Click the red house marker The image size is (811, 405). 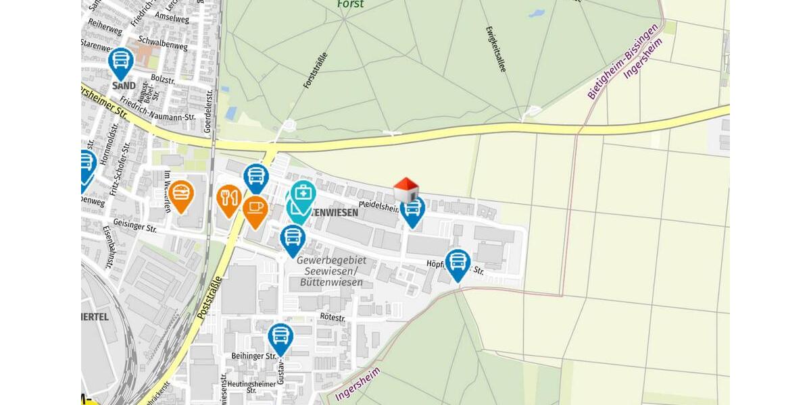[x=405, y=190]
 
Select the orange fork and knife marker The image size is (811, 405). [x=230, y=198]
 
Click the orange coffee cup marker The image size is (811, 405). [x=255, y=209]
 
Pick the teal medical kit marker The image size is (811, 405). [x=303, y=194]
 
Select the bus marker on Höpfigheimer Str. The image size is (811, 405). [x=458, y=263]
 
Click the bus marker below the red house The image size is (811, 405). [x=412, y=210]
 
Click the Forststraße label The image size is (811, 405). [x=316, y=72]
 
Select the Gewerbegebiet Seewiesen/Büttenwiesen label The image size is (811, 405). [x=329, y=271]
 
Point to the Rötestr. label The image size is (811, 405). [x=333, y=317]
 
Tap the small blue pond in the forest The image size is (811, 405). [x=537, y=13]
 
